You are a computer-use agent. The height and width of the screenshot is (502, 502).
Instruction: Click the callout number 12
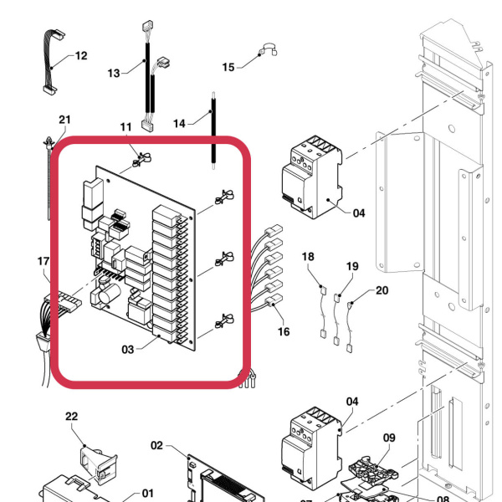(80, 56)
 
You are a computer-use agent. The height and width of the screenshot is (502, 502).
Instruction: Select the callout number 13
(115, 74)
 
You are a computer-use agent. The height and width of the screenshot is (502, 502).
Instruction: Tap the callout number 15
(228, 66)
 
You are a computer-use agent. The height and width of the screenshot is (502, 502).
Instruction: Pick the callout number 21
(64, 120)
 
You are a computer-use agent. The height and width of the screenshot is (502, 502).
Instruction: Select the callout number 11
(126, 128)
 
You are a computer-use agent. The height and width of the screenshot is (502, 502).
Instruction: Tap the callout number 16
(284, 332)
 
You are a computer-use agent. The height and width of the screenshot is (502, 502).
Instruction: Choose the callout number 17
(44, 262)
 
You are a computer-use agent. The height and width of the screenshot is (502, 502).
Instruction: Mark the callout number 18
(308, 257)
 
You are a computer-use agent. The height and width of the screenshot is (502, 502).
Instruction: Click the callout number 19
(352, 266)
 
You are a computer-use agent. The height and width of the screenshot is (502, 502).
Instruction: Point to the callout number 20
(382, 290)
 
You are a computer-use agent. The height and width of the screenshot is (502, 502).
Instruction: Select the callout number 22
(71, 416)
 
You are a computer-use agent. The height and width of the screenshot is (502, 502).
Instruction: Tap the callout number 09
(389, 437)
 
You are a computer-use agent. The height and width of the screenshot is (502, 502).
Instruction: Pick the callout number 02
(156, 445)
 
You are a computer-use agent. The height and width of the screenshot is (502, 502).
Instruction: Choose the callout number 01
(148, 494)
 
